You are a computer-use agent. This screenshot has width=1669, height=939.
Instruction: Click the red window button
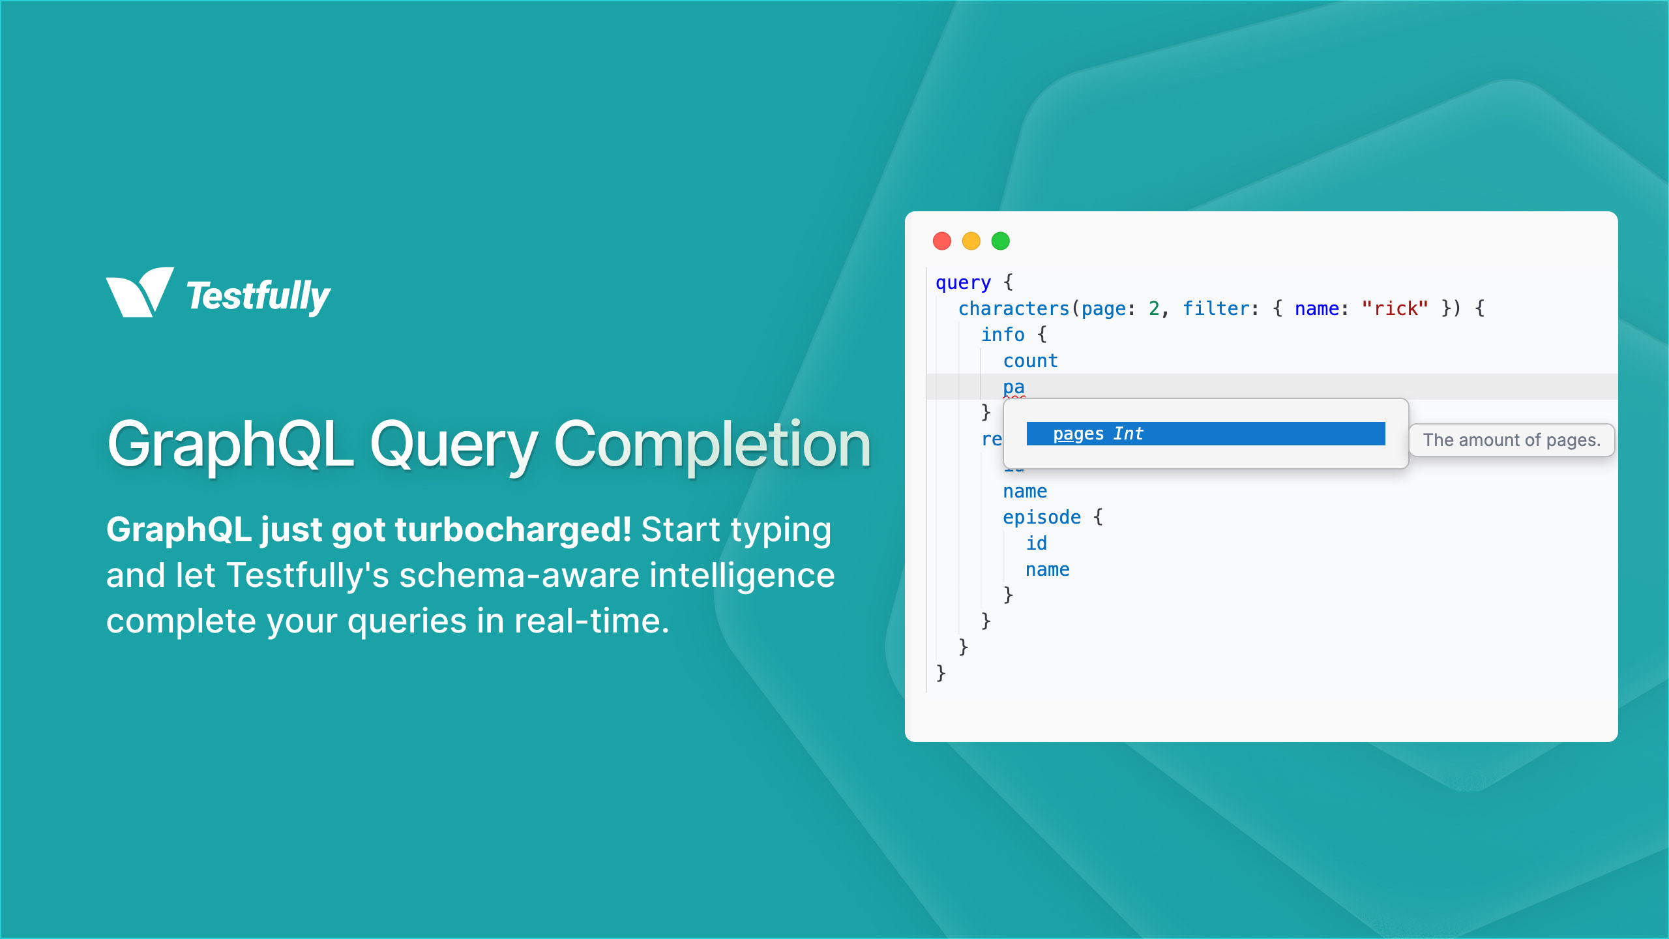942,241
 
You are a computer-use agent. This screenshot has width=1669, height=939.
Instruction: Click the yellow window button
971,241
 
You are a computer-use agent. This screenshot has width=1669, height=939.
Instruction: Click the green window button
1001,241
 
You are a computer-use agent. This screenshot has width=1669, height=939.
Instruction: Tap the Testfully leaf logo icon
140,293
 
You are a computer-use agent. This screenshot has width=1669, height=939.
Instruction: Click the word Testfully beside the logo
258,297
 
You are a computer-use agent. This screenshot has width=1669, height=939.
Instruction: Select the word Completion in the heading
712,445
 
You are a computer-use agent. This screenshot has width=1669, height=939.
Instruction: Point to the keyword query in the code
963,282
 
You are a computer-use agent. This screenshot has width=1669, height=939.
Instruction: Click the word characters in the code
1014,308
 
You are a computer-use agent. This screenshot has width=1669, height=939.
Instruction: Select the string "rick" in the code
1395,308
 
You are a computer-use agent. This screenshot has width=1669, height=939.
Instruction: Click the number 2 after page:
1154,308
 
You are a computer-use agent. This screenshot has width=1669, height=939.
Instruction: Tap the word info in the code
1003,335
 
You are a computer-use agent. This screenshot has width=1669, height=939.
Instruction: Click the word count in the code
1030,361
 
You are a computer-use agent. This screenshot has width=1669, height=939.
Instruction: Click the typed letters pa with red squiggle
1014,387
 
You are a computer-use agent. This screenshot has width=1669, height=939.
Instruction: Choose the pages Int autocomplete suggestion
1205,434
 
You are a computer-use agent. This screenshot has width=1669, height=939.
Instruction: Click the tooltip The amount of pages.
1511,440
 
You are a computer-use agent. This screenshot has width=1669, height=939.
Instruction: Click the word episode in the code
1041,517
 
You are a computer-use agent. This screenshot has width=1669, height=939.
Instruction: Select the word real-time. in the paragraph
591,621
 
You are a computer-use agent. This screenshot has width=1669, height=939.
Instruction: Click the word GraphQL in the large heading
230,445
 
